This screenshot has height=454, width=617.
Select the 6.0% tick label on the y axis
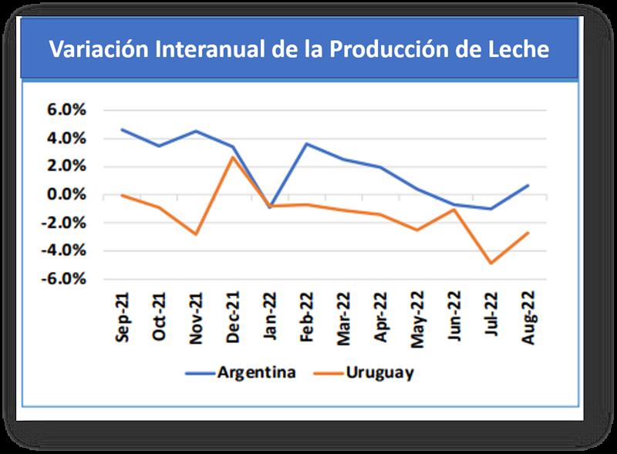point(66,109)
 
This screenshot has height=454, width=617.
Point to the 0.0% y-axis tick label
point(66,194)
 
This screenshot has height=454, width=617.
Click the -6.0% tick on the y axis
point(64,279)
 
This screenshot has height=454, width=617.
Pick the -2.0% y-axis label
point(64,223)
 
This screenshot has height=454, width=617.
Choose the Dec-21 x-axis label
point(233,316)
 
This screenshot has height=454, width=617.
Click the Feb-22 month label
point(306,316)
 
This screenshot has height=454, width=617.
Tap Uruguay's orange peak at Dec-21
point(233,157)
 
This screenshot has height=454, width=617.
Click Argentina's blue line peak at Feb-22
point(306,143)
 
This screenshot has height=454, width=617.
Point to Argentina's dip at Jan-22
point(269,207)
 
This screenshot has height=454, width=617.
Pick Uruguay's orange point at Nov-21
point(197,234)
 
